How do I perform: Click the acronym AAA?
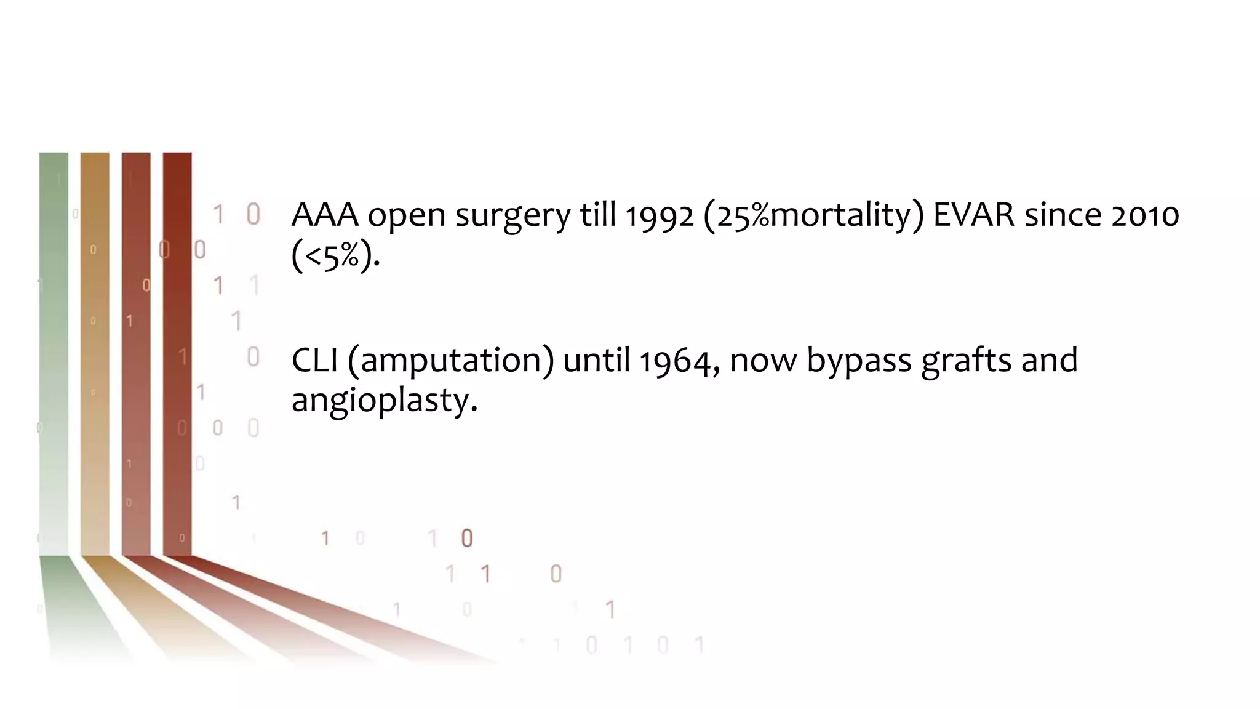(x=325, y=215)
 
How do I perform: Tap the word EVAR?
(x=973, y=215)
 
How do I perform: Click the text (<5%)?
(x=335, y=255)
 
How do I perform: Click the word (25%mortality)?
(x=813, y=216)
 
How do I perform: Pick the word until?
(x=597, y=360)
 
